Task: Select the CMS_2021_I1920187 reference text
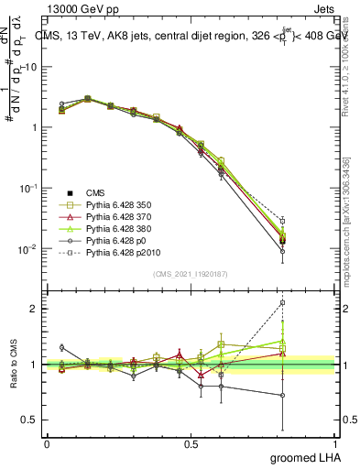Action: [x=191, y=273]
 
